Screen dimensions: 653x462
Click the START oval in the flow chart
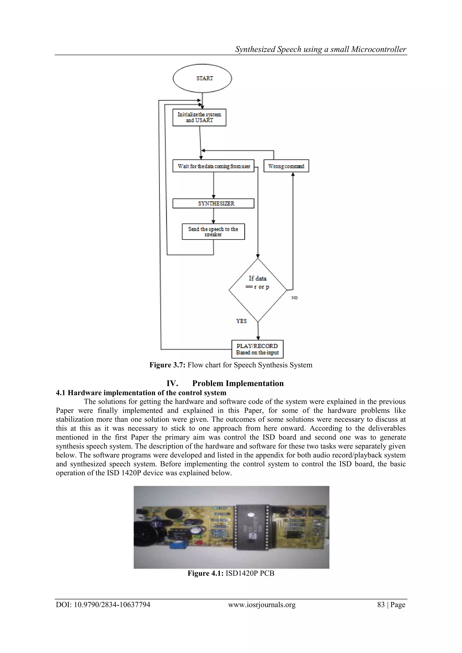[x=202, y=78]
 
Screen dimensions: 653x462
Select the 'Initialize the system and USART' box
[x=199, y=117]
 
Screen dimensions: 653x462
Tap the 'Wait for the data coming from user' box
[x=213, y=166]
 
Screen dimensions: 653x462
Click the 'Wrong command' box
[x=286, y=166]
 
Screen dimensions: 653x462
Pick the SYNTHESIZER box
[x=213, y=203]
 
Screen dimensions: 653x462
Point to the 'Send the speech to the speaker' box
[x=213, y=232]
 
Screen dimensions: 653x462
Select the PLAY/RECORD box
[x=257, y=349]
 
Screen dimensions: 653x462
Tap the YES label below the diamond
[x=241, y=321]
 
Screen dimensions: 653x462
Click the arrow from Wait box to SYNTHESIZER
[x=214, y=185]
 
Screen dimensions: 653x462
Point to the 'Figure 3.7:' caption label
[x=168, y=365]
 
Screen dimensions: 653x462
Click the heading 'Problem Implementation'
[x=238, y=383]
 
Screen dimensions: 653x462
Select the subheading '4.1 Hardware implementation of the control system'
[x=141, y=393]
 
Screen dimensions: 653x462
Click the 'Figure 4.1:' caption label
[x=206, y=573]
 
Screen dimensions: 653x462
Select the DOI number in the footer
[x=103, y=605]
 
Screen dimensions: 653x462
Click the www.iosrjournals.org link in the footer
[x=262, y=605]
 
